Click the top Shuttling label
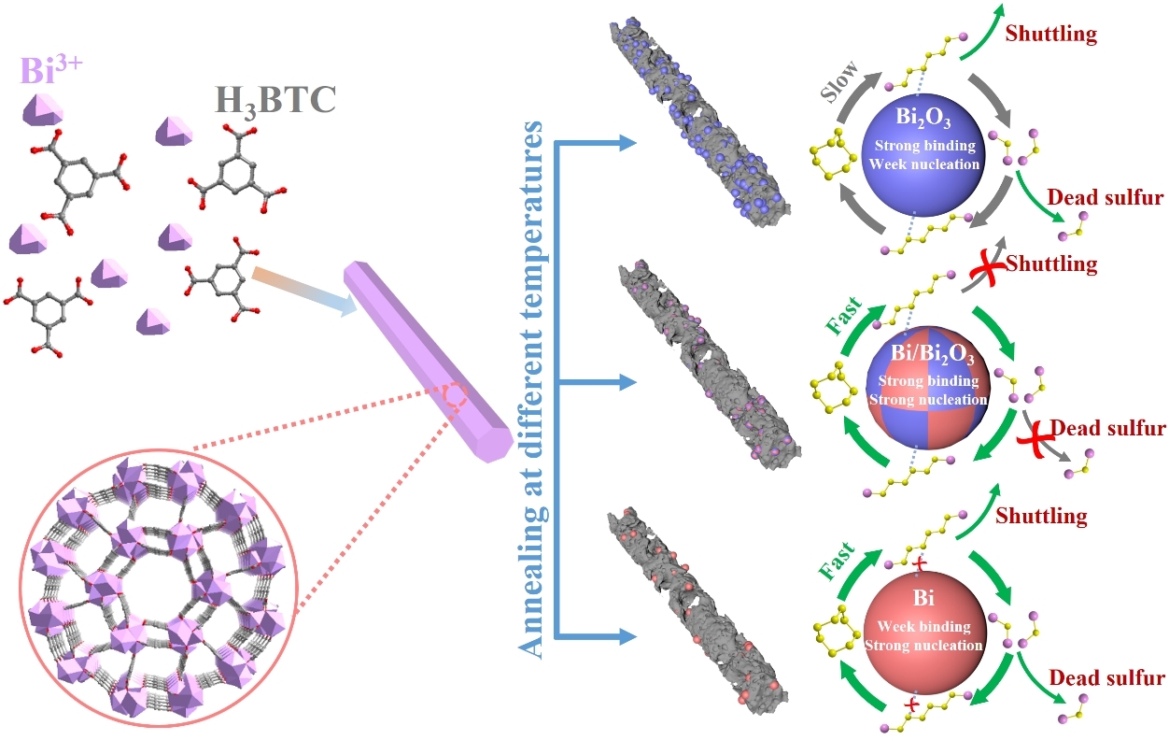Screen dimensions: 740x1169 coord(1050,36)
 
